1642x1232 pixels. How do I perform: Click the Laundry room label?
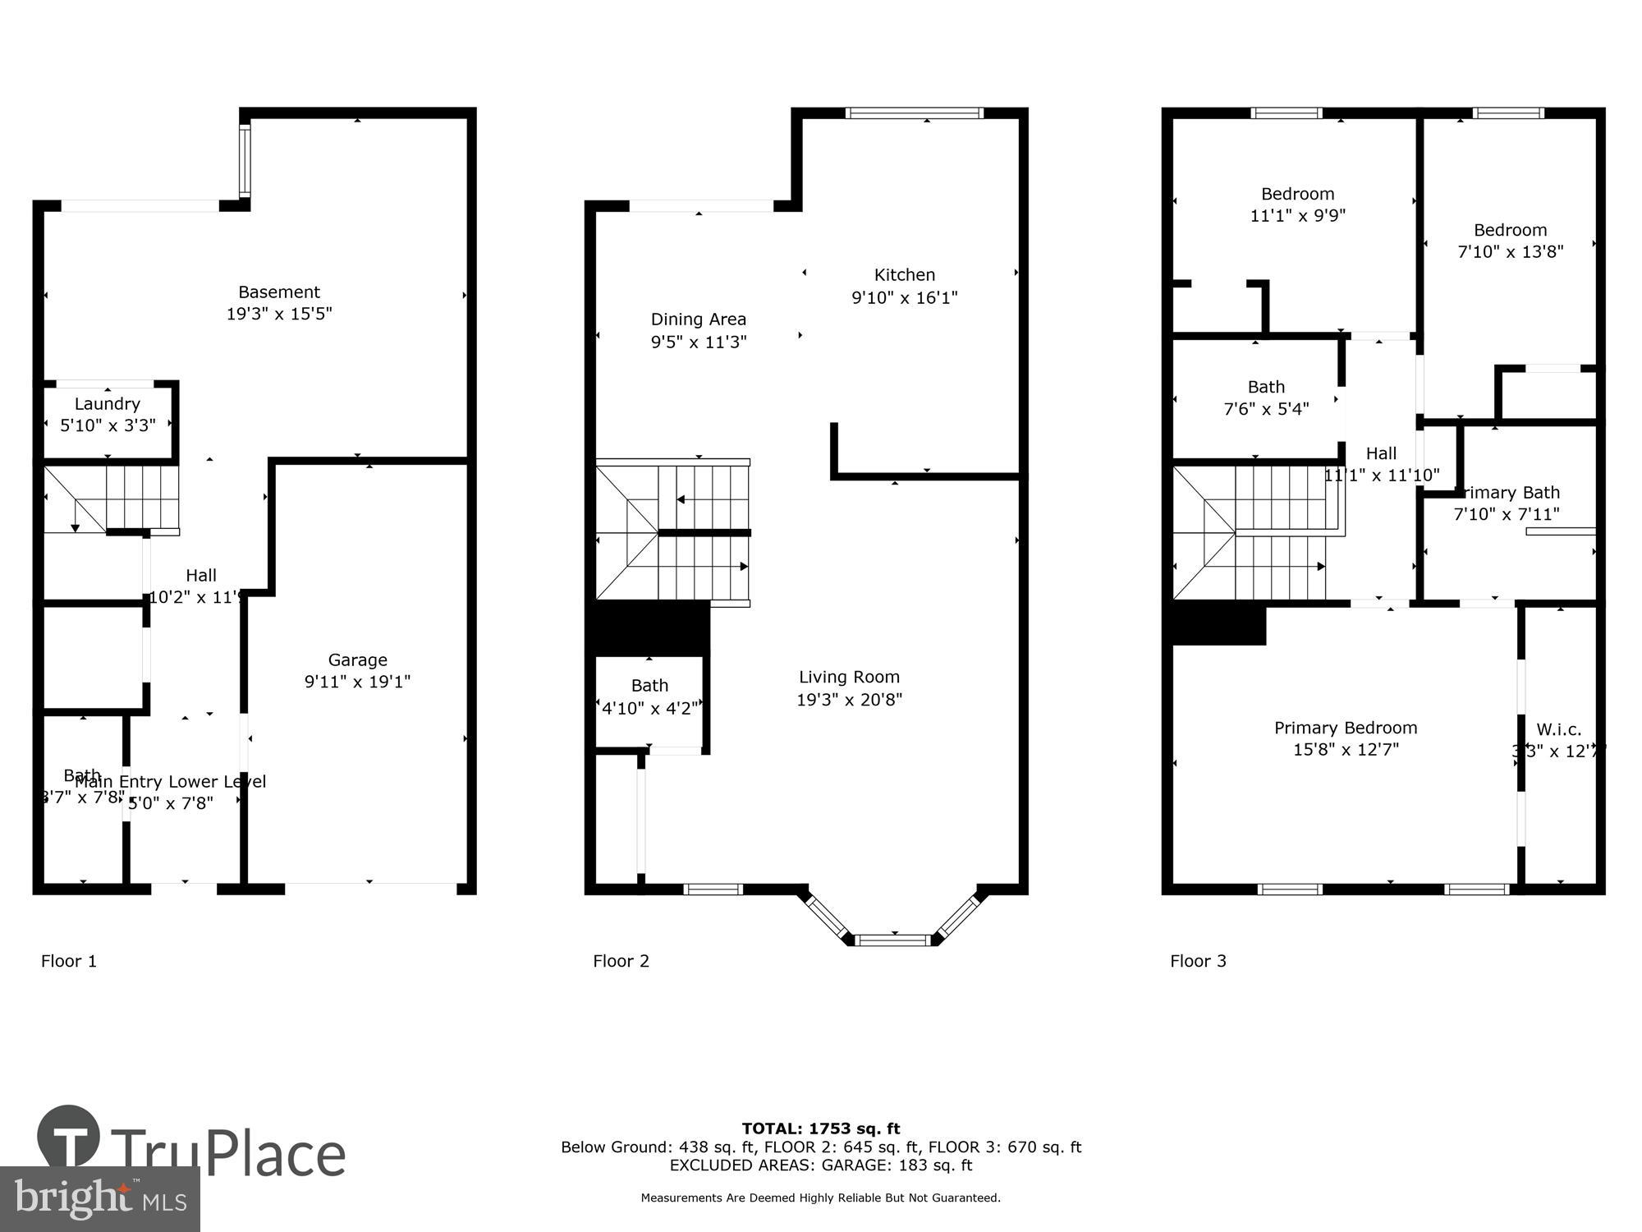point(107,404)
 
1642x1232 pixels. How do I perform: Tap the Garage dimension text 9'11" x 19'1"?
point(357,682)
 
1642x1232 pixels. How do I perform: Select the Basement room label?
point(279,292)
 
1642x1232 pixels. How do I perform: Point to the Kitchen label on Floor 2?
point(904,275)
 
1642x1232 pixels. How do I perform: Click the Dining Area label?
point(698,319)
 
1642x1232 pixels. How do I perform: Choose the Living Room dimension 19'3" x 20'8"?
point(849,700)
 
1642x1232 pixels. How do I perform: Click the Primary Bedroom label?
point(1345,728)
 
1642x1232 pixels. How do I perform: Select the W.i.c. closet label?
point(1558,729)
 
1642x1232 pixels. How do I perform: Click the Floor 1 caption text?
point(69,961)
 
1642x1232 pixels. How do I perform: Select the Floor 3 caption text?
point(1198,961)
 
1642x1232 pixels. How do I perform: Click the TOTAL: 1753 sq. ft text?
point(821,1129)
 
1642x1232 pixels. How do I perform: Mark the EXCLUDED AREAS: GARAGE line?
point(821,1165)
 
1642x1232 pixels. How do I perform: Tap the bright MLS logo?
point(100,1199)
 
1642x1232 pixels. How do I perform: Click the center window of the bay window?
point(893,940)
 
